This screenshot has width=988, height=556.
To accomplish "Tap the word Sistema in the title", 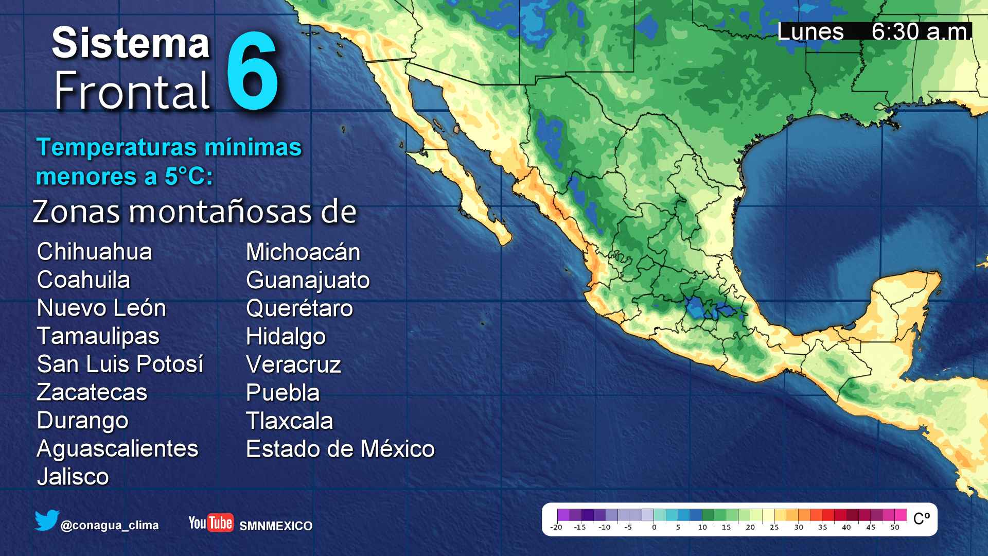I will (131, 43).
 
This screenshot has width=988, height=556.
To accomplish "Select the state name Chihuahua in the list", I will (95, 252).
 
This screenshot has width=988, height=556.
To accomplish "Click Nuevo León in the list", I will (101, 308).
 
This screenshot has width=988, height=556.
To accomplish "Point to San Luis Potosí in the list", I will (120, 364).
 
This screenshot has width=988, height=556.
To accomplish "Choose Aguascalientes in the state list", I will (117, 448).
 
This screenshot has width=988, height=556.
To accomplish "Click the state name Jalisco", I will (73, 476).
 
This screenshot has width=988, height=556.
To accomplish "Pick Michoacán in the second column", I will (303, 252).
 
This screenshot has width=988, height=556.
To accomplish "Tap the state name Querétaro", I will (299, 308).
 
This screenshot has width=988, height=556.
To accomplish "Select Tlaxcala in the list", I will (289, 421).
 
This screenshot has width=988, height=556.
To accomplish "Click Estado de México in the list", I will (340, 448).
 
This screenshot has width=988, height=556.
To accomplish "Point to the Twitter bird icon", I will (47, 521).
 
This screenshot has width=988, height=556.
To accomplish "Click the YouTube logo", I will (211, 523).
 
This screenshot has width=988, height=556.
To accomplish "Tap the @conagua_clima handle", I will (110, 526).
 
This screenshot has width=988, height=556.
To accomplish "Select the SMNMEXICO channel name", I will (276, 526).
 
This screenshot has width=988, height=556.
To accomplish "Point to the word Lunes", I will (810, 32).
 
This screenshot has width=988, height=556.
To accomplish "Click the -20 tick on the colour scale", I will (556, 527).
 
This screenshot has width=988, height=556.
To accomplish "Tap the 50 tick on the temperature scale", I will (895, 527).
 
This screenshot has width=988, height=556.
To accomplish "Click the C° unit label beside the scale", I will (921, 518).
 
